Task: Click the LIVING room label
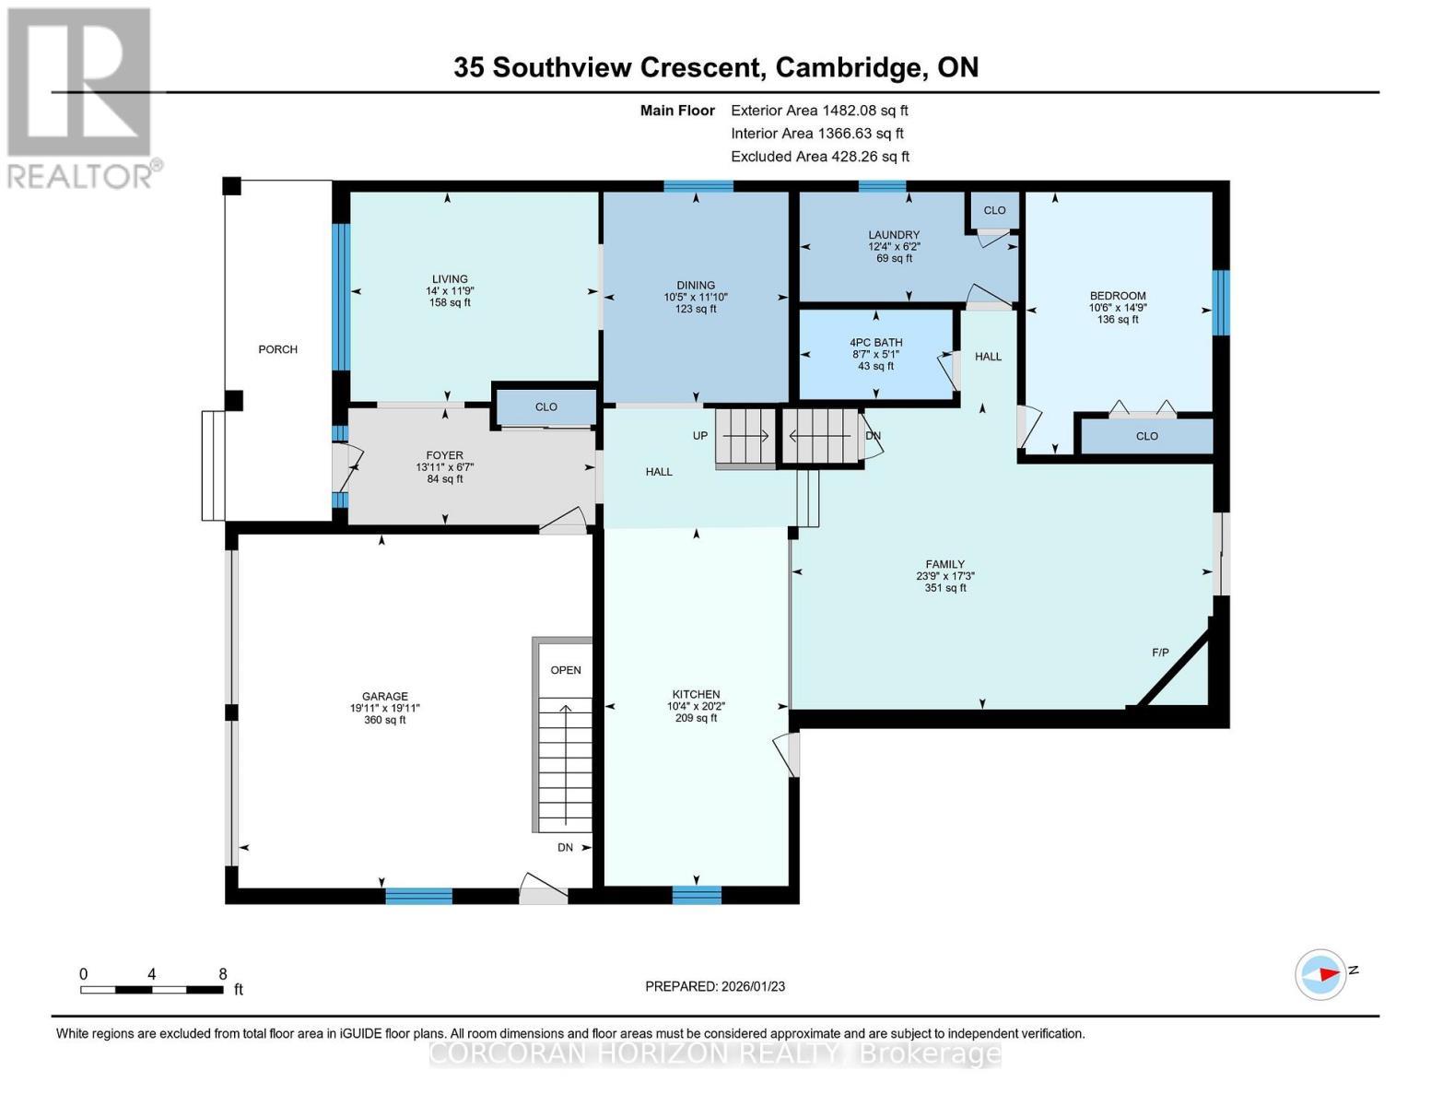(450, 279)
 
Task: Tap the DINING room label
(696, 286)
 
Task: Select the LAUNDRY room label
(894, 235)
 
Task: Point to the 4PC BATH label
(875, 343)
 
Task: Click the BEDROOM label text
(1118, 297)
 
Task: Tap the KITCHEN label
(696, 695)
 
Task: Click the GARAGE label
(384, 697)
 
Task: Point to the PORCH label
(277, 349)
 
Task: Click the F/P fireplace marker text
(1160, 653)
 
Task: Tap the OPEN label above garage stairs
(566, 670)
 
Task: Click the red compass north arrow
(1325, 973)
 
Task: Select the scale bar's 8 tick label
(222, 974)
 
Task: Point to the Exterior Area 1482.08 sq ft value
(864, 111)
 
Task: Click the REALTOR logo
(81, 97)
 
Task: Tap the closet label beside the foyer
(545, 406)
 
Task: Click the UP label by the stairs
(700, 435)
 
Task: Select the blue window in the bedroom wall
(1220, 302)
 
